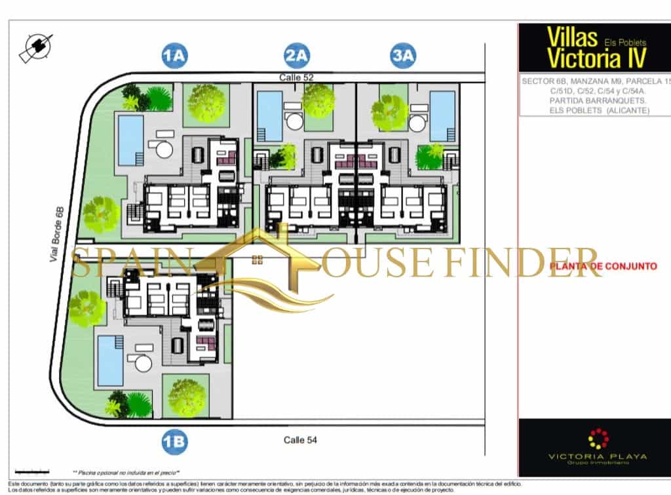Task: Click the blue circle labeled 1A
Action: tap(174, 56)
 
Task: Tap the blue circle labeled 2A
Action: tap(297, 56)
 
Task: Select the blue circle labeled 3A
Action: tap(402, 56)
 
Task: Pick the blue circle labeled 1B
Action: tap(174, 441)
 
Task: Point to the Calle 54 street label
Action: tap(300, 440)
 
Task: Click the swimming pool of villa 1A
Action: tap(131, 140)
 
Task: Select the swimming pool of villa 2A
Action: tap(269, 116)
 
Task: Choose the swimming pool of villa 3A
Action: tap(442, 116)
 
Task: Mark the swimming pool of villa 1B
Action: tap(111, 361)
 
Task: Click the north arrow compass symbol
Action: tap(37, 47)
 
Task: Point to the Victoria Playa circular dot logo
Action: tap(598, 439)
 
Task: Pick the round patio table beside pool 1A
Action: tap(164, 149)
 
